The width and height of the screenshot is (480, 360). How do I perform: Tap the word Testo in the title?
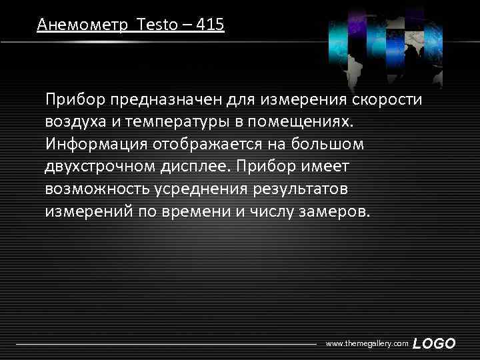click(155, 25)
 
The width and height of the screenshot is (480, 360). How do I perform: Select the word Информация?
click(96, 144)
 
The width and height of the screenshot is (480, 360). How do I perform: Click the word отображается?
click(215, 144)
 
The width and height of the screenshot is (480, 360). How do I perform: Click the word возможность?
click(97, 189)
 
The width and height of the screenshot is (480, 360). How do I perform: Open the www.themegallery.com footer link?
click(367, 343)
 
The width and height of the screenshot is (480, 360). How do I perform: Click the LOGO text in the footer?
click(434, 343)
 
